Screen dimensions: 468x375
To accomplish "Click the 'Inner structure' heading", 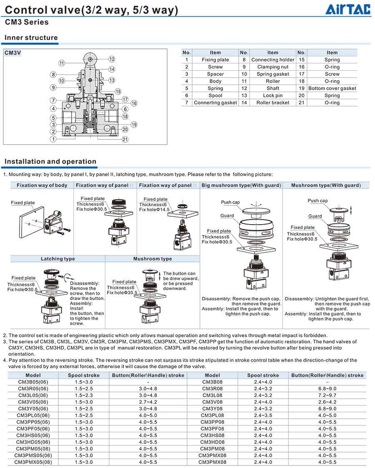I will (31, 38).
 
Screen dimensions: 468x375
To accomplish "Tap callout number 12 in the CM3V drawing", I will (112, 59).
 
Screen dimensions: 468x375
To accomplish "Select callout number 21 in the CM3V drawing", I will (125, 139).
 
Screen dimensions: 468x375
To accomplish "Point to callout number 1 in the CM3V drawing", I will (53, 139).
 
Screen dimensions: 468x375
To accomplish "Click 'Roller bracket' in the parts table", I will (272, 103).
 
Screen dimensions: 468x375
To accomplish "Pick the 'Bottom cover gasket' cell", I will (332, 89).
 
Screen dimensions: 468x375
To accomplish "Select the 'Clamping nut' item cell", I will (272, 67).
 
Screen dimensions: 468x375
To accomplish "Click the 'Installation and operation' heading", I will (50, 162).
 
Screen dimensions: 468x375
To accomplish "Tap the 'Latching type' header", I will (58, 259).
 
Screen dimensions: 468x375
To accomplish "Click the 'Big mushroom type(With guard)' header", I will (241, 185).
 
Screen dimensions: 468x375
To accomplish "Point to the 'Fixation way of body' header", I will (42, 185).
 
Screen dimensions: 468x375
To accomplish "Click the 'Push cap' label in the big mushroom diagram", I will (230, 202).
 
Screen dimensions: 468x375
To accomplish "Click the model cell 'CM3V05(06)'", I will (33, 402).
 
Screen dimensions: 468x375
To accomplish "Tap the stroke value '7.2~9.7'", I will (327, 395).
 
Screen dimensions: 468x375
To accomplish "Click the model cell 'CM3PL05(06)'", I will (33, 415).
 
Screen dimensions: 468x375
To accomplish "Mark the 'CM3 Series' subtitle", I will (27, 22).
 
